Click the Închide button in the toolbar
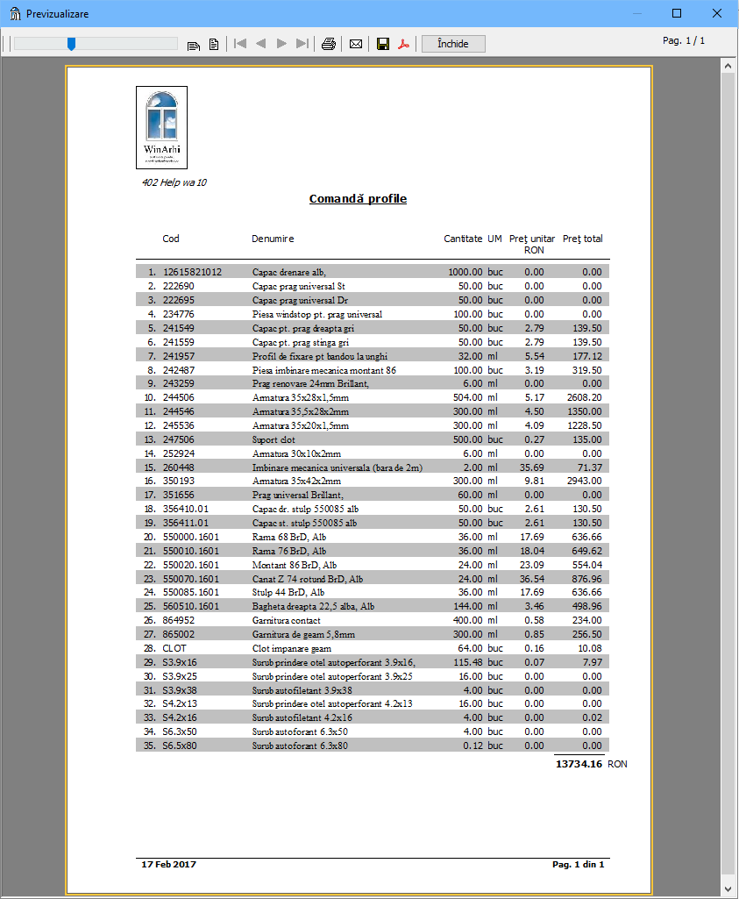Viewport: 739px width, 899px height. (x=452, y=44)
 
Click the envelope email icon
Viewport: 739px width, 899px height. (x=356, y=44)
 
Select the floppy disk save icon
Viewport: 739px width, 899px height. (x=383, y=44)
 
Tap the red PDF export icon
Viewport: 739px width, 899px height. (x=404, y=44)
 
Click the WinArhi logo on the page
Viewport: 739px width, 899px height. (x=162, y=127)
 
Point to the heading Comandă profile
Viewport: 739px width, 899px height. (x=358, y=199)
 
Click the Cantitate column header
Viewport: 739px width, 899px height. (x=463, y=239)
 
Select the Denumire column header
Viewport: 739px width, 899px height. (x=273, y=239)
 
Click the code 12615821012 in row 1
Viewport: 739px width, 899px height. (x=192, y=272)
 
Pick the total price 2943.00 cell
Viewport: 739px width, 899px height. (x=584, y=481)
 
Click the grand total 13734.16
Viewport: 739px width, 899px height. (x=579, y=764)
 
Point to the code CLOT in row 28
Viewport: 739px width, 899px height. (x=174, y=648)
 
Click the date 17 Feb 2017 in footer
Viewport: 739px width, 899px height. (x=169, y=865)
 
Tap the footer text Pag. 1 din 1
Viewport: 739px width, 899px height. (x=578, y=865)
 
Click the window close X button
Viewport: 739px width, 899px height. (x=716, y=14)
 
